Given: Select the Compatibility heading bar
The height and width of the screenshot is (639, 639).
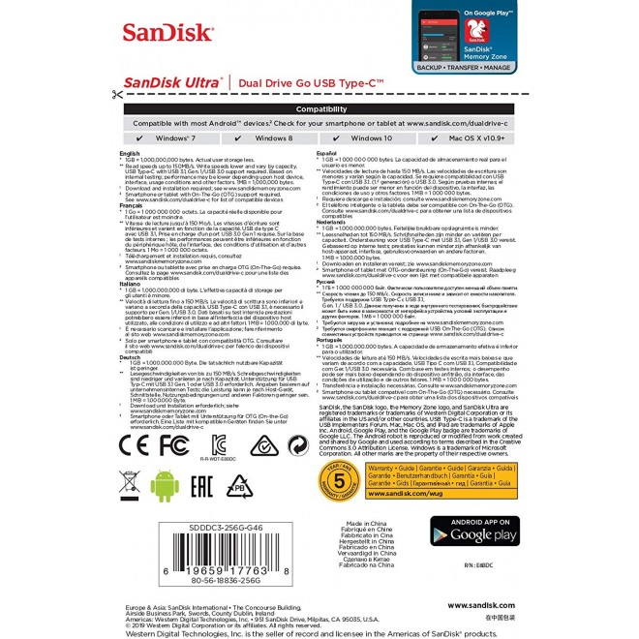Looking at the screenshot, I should coord(320,110).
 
